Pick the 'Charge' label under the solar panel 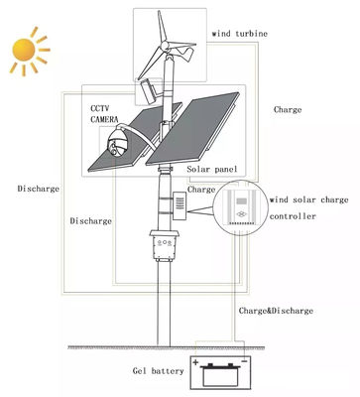coord(201,189)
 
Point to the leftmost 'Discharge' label coord(39,187)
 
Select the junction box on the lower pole coord(165,245)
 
